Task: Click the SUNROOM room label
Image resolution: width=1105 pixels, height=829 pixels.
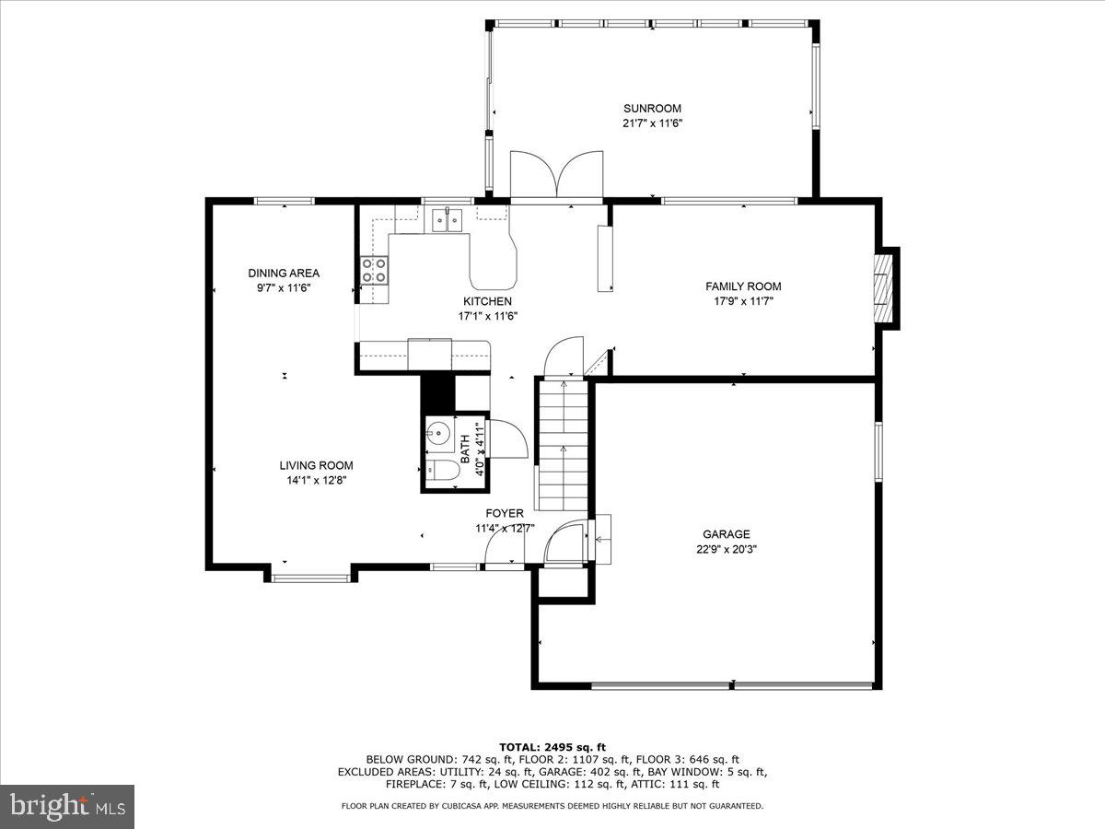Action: coord(652,109)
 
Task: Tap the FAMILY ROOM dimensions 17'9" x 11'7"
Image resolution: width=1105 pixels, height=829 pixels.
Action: coord(743,300)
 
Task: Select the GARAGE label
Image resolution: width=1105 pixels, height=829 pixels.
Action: coord(726,534)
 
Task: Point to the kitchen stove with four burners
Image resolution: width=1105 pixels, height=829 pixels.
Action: coord(374,270)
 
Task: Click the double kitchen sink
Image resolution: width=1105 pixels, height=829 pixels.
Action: coord(448,219)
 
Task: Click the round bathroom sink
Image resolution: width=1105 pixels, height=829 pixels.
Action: coord(438,431)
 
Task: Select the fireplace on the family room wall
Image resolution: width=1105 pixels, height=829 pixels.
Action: coord(884,286)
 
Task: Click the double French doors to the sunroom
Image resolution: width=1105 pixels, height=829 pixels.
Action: coord(556,175)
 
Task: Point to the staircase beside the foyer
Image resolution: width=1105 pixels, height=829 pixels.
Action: coord(562,446)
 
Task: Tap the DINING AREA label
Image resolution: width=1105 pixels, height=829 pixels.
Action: coord(284,274)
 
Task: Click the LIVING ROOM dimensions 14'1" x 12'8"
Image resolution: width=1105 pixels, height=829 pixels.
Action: coord(316,479)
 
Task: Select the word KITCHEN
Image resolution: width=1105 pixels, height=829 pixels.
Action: coord(487,301)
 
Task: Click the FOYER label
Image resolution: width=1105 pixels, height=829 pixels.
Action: coord(505,513)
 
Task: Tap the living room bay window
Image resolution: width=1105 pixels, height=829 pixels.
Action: coord(311,578)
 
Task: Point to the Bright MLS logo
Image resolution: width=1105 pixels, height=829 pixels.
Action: coord(66,806)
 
